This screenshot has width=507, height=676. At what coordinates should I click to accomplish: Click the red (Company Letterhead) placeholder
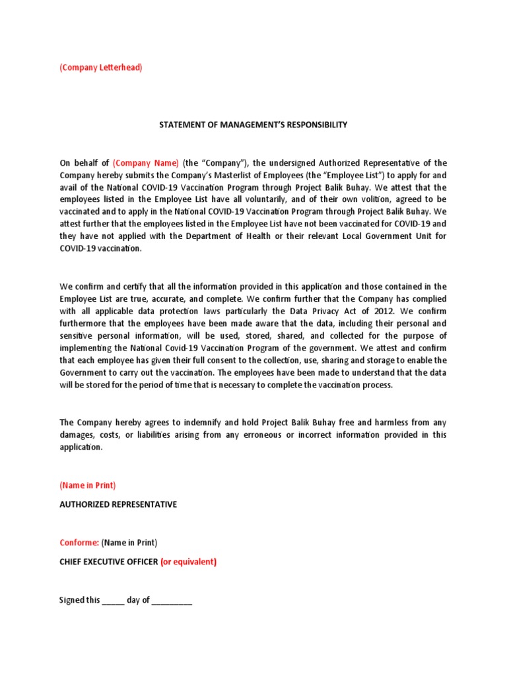click(x=100, y=68)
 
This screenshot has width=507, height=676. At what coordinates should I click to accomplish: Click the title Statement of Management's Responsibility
click(x=253, y=125)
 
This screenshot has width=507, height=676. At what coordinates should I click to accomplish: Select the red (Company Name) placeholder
click(x=145, y=163)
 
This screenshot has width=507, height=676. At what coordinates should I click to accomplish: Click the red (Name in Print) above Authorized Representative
click(x=87, y=485)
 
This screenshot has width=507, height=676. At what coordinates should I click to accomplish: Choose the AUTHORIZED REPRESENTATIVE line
click(x=118, y=505)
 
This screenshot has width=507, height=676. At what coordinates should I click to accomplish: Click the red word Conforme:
click(x=79, y=543)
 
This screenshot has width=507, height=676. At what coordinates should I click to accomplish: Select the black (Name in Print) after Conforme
click(x=129, y=543)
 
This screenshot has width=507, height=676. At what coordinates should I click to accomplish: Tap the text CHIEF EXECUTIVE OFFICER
click(x=108, y=562)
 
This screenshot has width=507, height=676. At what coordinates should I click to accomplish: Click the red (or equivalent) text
click(x=188, y=562)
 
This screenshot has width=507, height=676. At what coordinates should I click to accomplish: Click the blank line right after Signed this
click(x=113, y=601)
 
